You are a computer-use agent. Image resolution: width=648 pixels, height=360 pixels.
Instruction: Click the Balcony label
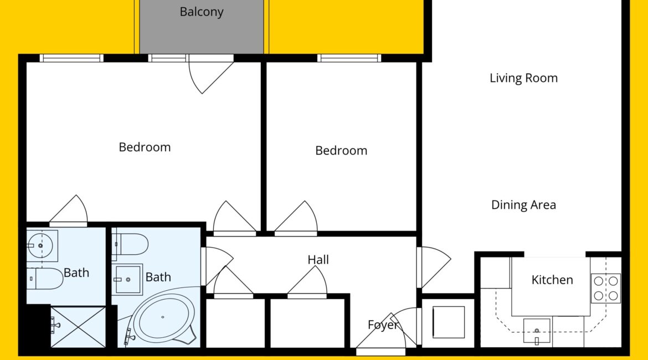click(x=201, y=12)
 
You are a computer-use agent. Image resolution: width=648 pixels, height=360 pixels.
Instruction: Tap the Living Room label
click(x=523, y=78)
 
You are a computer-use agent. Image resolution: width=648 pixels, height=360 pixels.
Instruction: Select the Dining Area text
click(x=523, y=205)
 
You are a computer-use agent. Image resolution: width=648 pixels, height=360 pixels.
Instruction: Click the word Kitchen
click(x=552, y=280)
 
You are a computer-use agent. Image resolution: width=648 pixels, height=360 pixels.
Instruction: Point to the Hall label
click(x=318, y=260)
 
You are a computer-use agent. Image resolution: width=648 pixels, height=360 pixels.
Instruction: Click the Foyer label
click(x=383, y=325)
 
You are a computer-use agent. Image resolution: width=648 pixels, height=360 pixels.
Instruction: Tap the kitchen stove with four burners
click(x=605, y=288)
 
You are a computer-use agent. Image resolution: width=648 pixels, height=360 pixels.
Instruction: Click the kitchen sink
click(x=537, y=331)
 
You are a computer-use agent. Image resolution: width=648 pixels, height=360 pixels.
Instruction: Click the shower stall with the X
click(x=78, y=327)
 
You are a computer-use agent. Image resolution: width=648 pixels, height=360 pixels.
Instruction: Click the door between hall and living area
click(x=434, y=267)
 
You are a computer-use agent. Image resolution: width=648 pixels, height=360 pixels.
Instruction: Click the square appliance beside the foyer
click(x=449, y=322)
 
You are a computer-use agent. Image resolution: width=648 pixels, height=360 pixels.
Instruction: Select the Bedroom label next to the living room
click(x=341, y=151)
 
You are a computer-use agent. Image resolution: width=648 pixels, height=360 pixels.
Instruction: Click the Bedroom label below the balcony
click(x=145, y=147)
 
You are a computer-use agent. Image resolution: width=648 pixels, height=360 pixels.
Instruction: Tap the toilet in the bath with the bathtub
click(x=130, y=245)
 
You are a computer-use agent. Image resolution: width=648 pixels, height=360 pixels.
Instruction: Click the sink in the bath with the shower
click(x=42, y=246)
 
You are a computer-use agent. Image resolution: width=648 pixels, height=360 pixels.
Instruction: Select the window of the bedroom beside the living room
click(x=349, y=58)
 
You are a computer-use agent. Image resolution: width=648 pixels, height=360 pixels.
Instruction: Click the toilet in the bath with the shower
click(x=45, y=279)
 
